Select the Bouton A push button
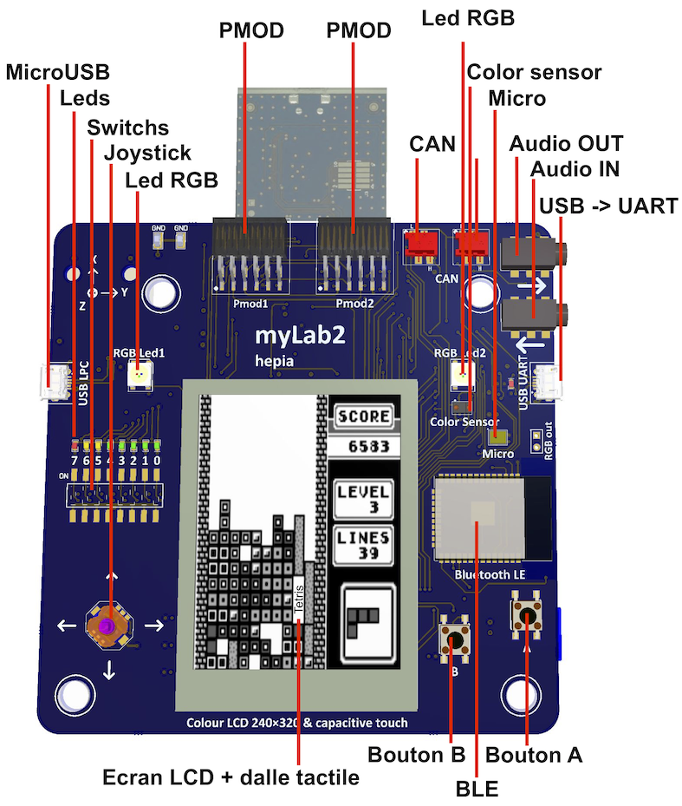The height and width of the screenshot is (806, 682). pos(526,615)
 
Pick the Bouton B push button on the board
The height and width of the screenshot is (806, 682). pos(455,639)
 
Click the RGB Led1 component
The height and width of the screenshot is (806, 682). pos(139,375)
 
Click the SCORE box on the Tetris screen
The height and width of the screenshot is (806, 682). pos(363,416)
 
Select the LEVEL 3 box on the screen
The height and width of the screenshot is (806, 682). pos(364,498)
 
